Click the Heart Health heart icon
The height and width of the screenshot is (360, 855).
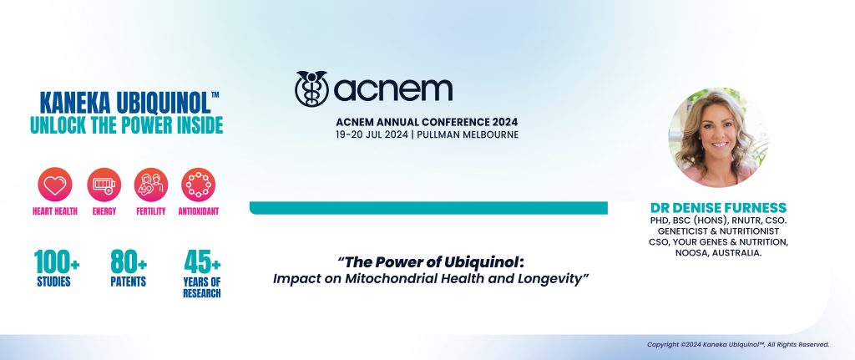tap(54, 184)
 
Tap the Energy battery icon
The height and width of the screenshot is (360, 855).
tap(104, 184)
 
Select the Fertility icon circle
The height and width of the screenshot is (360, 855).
tap(151, 184)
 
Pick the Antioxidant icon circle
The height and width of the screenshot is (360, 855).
tap(199, 184)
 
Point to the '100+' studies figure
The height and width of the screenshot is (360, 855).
tap(58, 262)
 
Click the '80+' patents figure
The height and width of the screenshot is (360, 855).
tap(129, 262)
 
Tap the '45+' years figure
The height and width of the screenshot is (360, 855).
tap(200, 262)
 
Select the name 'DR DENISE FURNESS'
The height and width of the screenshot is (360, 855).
tap(717, 207)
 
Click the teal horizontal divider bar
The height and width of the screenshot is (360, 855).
tap(428, 207)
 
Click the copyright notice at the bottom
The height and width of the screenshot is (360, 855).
tap(737, 344)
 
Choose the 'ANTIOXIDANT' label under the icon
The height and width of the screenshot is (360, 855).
tap(199, 211)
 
